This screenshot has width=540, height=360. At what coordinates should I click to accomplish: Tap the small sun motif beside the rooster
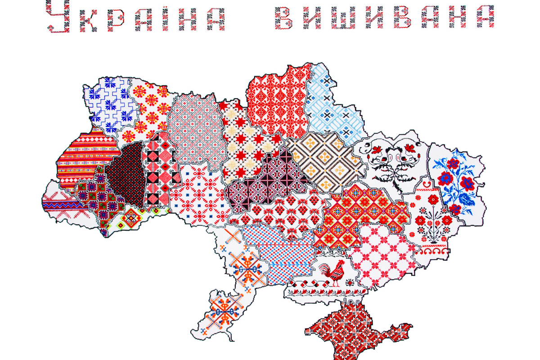point(350,283)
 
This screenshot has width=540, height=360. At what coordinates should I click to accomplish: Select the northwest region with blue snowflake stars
point(110,103)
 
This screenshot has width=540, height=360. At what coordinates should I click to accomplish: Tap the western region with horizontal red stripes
point(83,157)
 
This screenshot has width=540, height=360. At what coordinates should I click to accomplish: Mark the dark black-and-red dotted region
point(126,175)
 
